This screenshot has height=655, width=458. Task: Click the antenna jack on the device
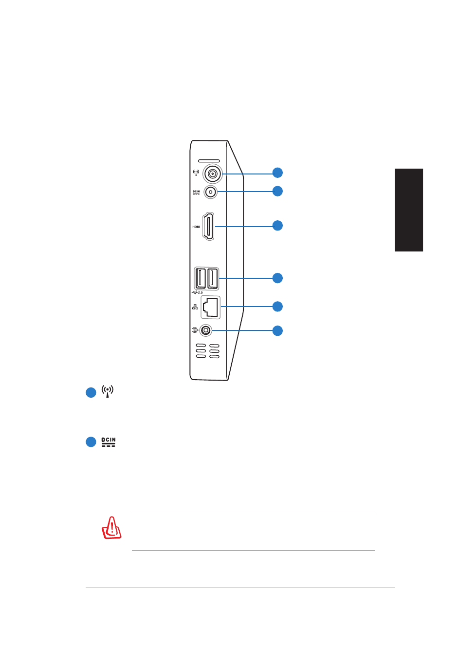[x=213, y=174]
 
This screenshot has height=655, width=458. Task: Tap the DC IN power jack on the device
[x=210, y=192]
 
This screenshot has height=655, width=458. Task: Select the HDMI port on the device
[x=208, y=226]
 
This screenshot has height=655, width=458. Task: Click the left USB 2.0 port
[x=200, y=278]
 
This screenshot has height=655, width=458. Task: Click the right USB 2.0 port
[x=213, y=278]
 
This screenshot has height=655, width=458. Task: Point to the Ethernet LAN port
[x=211, y=307]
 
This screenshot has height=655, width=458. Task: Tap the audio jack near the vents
[x=206, y=330]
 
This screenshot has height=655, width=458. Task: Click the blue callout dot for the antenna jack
[x=277, y=173]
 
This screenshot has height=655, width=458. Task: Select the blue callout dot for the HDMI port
[x=277, y=226]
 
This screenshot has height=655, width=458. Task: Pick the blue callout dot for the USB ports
[x=277, y=278]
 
